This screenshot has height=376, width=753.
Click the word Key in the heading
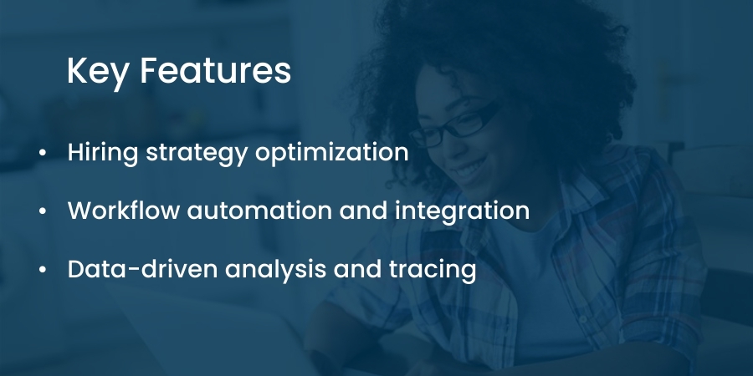(98, 72)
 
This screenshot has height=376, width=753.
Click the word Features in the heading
(216, 70)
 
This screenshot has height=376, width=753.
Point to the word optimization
(331, 154)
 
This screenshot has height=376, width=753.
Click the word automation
(259, 211)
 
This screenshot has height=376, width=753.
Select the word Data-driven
(142, 269)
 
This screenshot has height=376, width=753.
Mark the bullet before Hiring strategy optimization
(43, 153)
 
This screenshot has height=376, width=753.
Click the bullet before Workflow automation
(43, 211)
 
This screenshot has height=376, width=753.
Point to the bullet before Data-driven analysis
(43, 270)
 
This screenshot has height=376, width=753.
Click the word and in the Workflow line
(363, 211)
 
